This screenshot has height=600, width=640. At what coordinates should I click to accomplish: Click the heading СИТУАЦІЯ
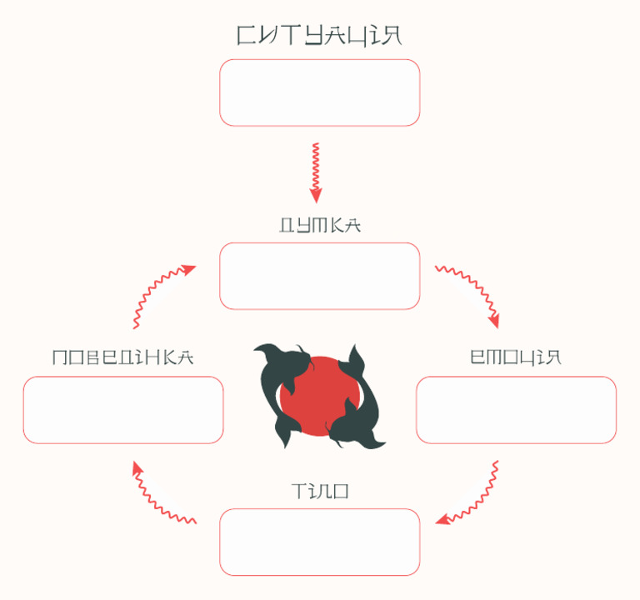[320, 35]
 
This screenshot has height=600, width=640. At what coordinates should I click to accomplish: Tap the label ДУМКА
[320, 225]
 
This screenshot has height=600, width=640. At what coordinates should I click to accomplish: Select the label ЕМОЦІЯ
[516, 357]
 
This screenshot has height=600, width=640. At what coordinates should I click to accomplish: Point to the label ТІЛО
[320, 492]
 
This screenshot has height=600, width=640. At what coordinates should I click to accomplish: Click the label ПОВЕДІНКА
[123, 357]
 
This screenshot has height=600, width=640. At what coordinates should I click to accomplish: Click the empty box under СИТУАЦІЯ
[320, 92]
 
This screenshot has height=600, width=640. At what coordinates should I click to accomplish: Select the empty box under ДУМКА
[320, 276]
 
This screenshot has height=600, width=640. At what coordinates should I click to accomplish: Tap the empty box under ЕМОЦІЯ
[516, 410]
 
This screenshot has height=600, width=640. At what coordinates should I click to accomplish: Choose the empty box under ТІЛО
[320, 542]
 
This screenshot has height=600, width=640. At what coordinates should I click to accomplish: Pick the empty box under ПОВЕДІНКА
[123, 410]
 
